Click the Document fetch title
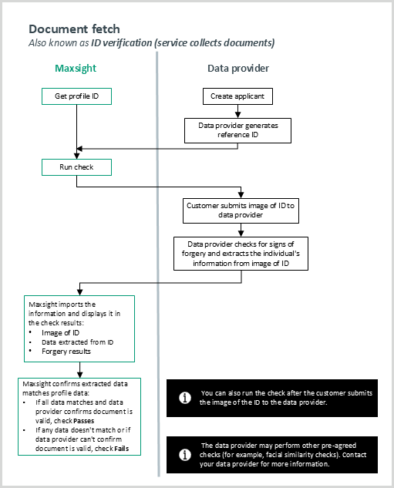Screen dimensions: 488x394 [74, 29]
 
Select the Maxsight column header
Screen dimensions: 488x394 [76, 68]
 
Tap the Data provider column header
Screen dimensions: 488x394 [238, 68]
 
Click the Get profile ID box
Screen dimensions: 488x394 [76, 96]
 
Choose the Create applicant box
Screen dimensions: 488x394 [238, 96]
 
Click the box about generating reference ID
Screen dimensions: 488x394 [238, 130]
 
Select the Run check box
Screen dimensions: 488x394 [76, 167]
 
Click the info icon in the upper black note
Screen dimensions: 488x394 [185, 398]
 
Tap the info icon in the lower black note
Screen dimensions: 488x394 [185, 455]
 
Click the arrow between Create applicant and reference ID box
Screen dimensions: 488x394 [238, 111]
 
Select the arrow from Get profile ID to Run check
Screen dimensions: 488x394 [76, 131]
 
